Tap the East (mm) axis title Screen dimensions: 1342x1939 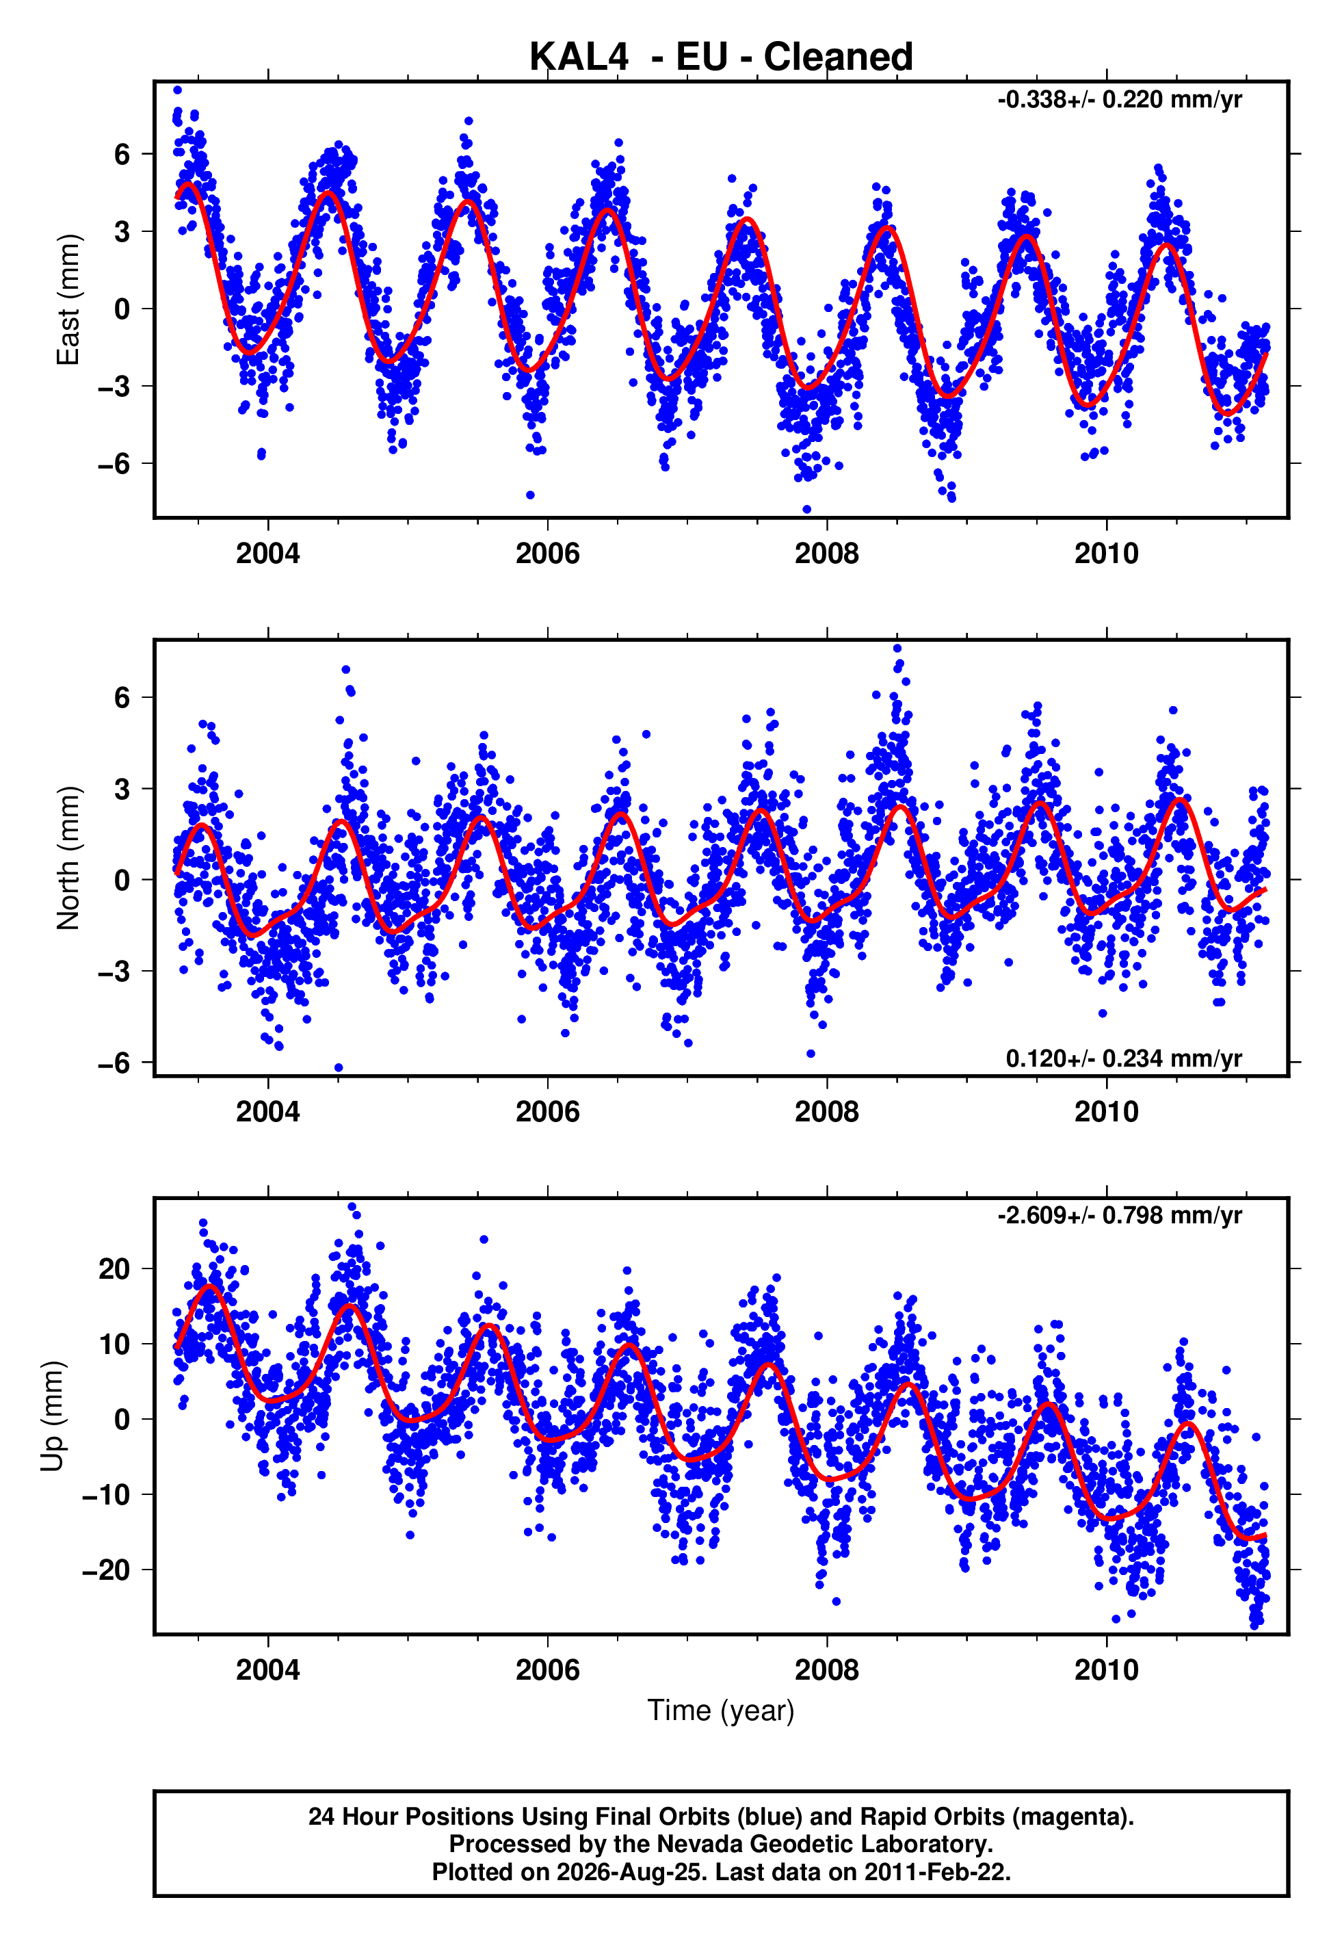(x=68, y=300)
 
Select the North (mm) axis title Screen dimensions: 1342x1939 (x=68, y=858)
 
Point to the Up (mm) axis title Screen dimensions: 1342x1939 (x=52, y=1416)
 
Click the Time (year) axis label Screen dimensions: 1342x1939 (x=721, y=1710)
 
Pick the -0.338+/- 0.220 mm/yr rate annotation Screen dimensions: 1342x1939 (x=1119, y=100)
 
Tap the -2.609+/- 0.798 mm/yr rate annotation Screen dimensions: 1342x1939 (x=1119, y=1216)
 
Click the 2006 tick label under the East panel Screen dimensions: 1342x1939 (x=547, y=554)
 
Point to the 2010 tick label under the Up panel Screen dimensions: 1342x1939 (x=1106, y=1670)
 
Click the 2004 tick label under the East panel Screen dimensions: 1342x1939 (x=267, y=554)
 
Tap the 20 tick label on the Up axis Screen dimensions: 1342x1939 (x=114, y=1269)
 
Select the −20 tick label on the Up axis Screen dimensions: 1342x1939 (x=106, y=1570)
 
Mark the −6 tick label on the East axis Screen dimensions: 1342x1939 (x=114, y=463)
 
